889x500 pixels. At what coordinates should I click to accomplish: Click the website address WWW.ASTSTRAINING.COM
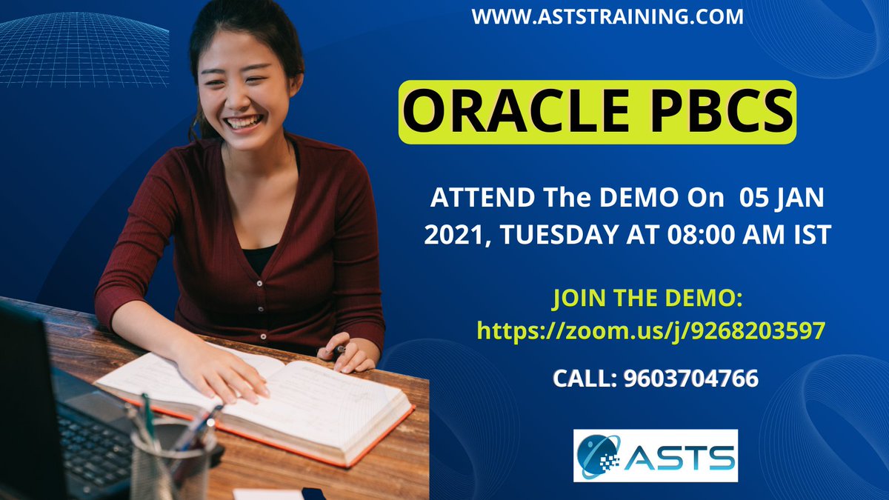pos(607,16)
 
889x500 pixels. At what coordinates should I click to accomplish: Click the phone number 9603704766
pos(691,379)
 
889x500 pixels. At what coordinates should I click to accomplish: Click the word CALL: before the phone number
pos(585,379)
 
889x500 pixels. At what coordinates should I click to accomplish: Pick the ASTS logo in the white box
pos(656,455)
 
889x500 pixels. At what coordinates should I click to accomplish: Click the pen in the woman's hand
pos(340,348)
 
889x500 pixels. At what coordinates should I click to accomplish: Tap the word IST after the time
pos(813,235)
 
